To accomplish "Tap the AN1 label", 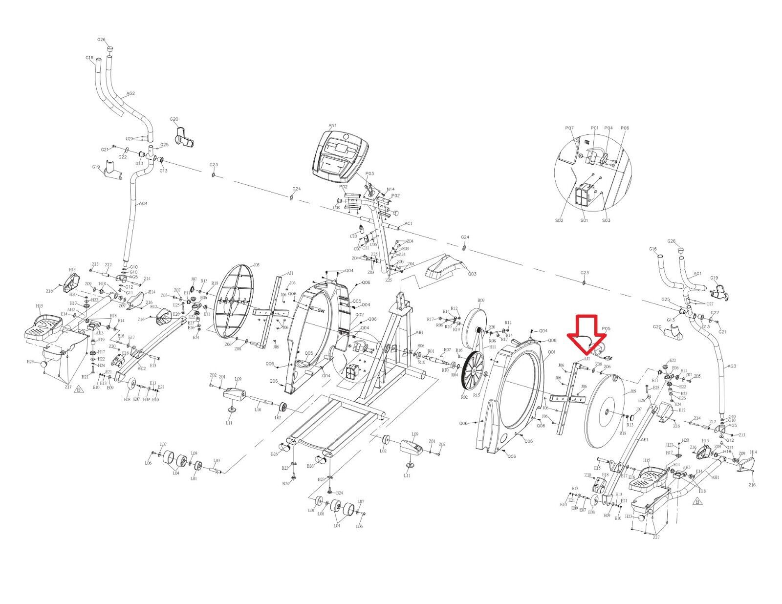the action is pos(332,126).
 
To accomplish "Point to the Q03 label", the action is pos(472,274).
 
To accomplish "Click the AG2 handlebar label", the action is pos(130,93).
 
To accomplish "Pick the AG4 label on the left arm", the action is pos(143,204).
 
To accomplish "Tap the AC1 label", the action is pos(409,224).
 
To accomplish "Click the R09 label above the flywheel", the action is pos(481,300).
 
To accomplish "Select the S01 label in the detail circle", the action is pos(584,220).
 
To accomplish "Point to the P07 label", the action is pos(569,128).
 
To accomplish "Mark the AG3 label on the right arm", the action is pos(732,366).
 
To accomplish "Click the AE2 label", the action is pos(141,368).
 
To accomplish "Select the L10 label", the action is pos(258,410).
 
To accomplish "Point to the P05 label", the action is pos(606,329).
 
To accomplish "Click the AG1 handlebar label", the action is pos(697,274).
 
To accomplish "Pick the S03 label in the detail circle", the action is pos(606,220).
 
